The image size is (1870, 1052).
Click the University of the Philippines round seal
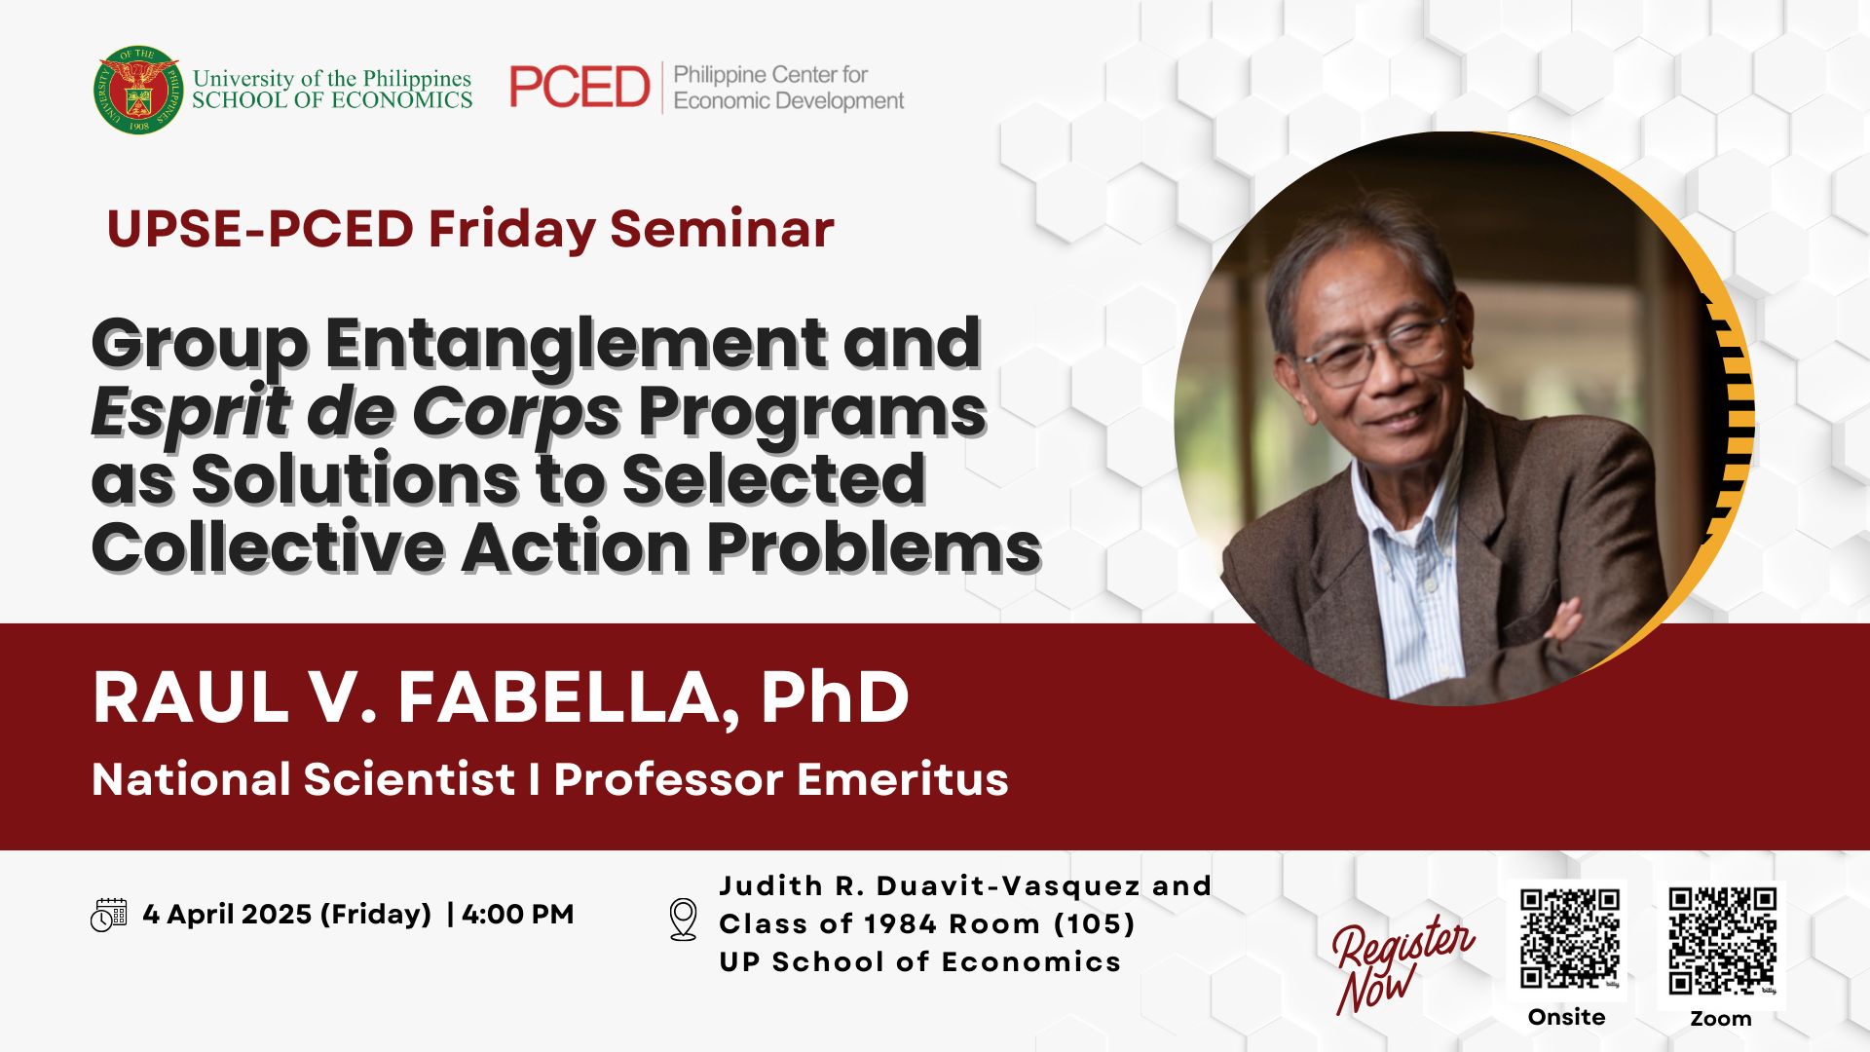pyautogui.click(x=138, y=90)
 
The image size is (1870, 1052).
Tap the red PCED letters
pyautogui.click(x=580, y=88)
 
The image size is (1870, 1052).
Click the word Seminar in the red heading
pyautogui.click(x=722, y=230)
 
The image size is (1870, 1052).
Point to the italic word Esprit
pyautogui.click(x=191, y=413)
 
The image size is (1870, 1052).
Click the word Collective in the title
pyautogui.click(x=268, y=547)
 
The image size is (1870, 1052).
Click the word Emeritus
pyautogui.click(x=903, y=779)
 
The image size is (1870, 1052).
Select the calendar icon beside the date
pyautogui.click(x=108, y=915)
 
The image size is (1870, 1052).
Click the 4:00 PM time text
pyautogui.click(x=518, y=915)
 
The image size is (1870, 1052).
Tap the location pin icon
pyautogui.click(x=684, y=920)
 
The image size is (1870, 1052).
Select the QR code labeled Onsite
pyautogui.click(x=1569, y=938)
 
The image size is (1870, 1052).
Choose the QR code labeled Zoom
pyautogui.click(x=1722, y=940)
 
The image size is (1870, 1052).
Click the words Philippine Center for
pyautogui.click(x=770, y=75)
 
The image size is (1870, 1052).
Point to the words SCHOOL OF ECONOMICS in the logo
pyautogui.click(x=332, y=100)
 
